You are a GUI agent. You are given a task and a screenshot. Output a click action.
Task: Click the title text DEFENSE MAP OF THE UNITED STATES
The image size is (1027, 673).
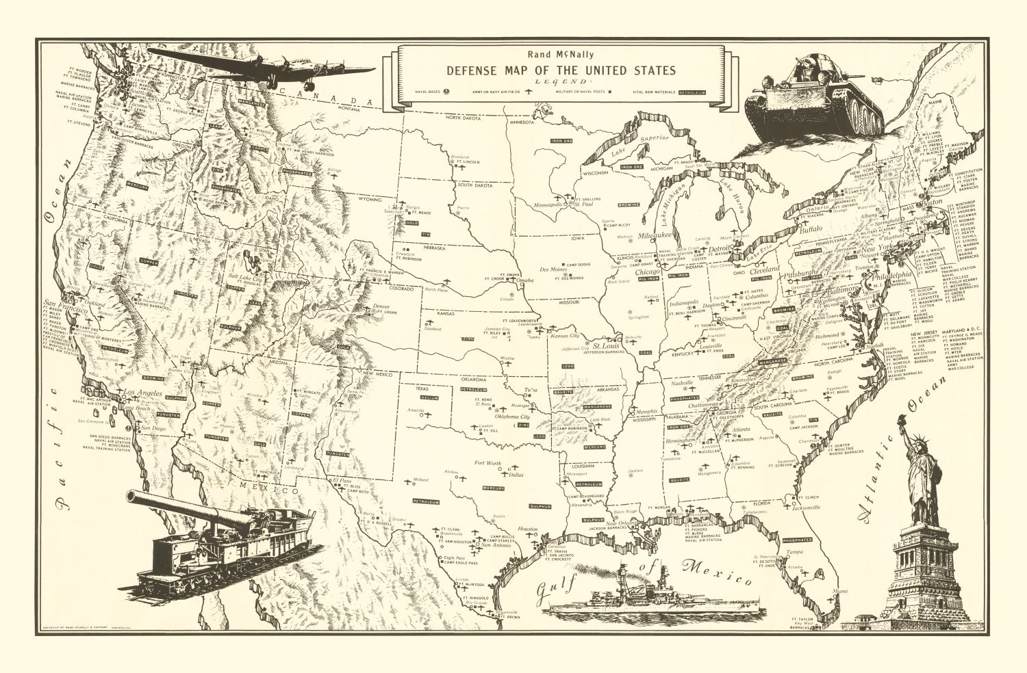coord(561,70)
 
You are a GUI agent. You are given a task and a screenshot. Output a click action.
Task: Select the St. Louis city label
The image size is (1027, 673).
coord(606,345)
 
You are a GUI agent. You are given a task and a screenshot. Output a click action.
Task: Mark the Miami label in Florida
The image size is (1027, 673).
coord(841,590)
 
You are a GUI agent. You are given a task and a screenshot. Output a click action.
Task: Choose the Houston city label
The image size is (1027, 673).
coord(528,529)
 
